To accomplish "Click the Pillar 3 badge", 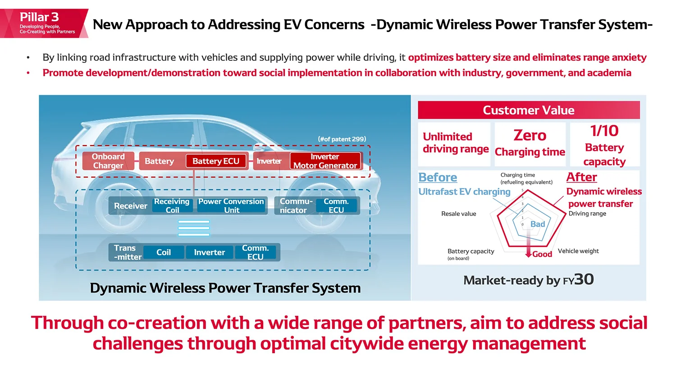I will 44,23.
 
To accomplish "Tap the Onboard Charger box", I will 108,161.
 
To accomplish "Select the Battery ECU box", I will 216,161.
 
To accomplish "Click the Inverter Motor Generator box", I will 325,161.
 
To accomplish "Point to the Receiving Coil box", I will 172,205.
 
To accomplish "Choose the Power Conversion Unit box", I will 231,205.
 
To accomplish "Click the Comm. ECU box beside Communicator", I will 336,205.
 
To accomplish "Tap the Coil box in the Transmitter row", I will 164,252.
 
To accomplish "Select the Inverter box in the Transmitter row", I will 210,252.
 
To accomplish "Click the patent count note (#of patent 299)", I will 342,139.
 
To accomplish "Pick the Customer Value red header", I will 529,110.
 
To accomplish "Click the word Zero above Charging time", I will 530,135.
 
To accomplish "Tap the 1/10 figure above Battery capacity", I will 604,131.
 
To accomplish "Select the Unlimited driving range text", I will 455,143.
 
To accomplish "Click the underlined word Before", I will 438,177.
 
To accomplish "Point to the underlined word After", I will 582,177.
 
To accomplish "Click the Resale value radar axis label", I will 459,214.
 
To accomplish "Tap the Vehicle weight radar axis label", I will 578,251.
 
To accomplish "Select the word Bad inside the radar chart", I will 538,224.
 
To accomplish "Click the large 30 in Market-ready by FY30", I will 584,279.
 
